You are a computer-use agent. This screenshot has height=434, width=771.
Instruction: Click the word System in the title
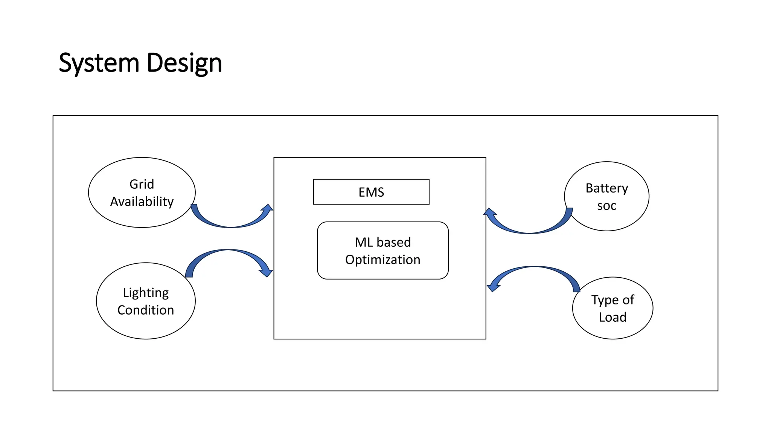[x=99, y=63]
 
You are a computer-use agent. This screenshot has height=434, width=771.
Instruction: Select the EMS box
[x=371, y=192]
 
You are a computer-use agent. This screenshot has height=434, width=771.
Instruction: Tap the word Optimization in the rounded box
[x=382, y=260]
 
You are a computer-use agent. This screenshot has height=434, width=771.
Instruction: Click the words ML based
[x=382, y=242]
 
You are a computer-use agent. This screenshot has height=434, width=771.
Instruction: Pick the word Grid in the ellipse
[x=142, y=184]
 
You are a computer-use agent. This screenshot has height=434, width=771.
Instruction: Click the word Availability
[x=142, y=202]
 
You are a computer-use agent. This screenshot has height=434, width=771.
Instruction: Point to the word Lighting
[x=146, y=293]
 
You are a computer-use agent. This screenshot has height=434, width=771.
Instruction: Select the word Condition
[x=146, y=310]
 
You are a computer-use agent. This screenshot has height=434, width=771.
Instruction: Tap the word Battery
[x=606, y=188]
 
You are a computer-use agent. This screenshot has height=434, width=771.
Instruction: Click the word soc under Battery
[x=606, y=206]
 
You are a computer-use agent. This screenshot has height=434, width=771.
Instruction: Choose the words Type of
[x=613, y=300]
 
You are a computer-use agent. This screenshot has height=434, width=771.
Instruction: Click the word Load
[x=613, y=317]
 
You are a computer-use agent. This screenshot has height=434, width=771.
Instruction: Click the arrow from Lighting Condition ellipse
[x=228, y=253]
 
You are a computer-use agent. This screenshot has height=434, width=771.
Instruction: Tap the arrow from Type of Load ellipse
[x=535, y=270]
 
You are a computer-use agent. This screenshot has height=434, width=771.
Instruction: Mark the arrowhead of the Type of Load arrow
[x=493, y=286]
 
